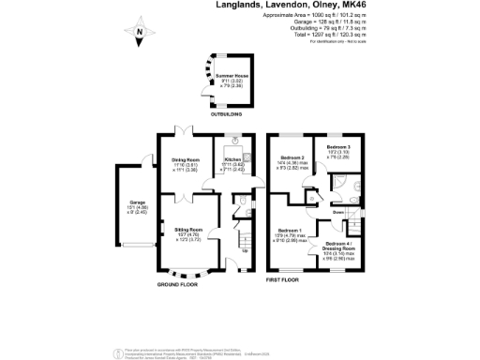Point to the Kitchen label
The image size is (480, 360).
pos(233,160)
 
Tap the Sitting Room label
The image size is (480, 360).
pos(188,229)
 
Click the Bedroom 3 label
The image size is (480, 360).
pos(338,148)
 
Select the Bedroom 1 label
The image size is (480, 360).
pos(289,230)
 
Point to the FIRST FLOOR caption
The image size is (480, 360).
pos(286,279)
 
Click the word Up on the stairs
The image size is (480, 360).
pos(246,250)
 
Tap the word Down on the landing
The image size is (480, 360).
pos(337,213)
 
